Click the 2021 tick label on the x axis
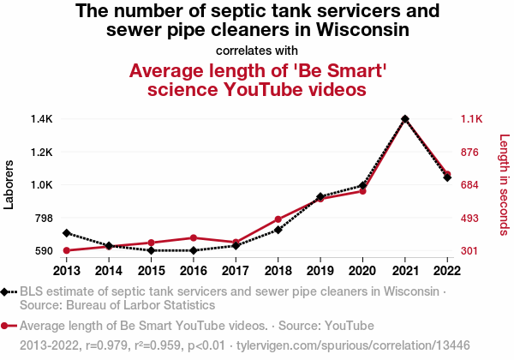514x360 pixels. (405, 271)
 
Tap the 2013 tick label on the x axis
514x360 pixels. (67, 271)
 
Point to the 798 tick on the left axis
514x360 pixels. (44, 218)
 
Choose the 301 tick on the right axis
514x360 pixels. (472, 251)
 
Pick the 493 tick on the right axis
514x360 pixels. (472, 218)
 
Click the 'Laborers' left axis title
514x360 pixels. (10, 184)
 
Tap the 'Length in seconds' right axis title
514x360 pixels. (504, 184)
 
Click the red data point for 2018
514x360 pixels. (278, 219)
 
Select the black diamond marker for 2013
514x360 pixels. (67, 233)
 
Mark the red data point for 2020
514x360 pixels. (363, 191)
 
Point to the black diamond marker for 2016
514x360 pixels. (194, 250)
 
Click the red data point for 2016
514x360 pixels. (194, 237)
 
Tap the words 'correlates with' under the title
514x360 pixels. (257, 50)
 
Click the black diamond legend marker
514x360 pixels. (7, 291)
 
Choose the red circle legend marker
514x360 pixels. (7, 326)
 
